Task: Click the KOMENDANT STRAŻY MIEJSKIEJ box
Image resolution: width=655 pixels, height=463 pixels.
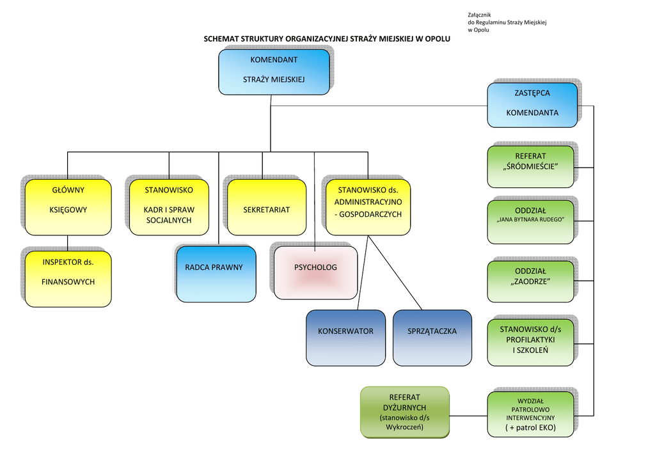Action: [x=274, y=71]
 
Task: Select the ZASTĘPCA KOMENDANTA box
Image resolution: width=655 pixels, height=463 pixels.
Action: [x=532, y=104]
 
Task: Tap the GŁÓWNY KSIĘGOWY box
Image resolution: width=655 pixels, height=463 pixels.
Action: [x=68, y=206]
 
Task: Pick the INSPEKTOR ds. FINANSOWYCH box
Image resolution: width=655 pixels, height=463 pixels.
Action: [x=68, y=274]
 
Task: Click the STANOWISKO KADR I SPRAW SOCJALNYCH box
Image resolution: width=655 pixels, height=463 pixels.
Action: [x=168, y=206]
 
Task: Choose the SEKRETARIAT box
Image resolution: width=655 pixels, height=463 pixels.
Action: [x=267, y=207]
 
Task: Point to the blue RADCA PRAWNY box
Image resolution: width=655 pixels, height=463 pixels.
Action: [x=214, y=273]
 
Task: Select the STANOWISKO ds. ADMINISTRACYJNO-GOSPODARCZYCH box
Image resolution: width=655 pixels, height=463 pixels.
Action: [x=368, y=206]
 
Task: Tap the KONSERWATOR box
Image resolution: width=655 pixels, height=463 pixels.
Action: [x=345, y=337]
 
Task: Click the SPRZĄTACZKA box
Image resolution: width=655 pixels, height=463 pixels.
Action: [x=432, y=337]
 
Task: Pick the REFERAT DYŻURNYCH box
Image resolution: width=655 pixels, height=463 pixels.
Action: [x=404, y=412]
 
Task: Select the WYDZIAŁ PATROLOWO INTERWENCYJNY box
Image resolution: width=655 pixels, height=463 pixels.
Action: [x=530, y=414]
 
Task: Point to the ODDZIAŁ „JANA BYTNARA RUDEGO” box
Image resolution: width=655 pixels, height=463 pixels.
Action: [x=530, y=221]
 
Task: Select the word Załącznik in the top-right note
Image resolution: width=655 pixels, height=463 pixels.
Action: [x=480, y=15]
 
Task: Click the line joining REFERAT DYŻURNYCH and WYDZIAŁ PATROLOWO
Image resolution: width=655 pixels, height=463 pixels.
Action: [x=468, y=414]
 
